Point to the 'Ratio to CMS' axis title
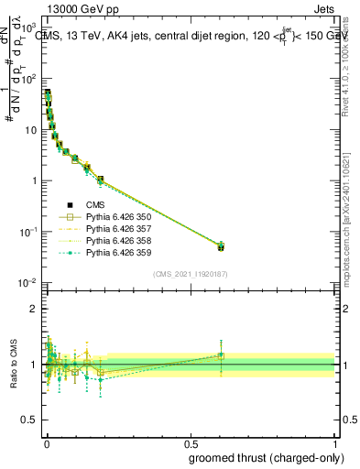[x=13, y=363]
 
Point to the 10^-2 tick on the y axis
[x=27, y=283]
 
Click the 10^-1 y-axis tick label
[x=27, y=232]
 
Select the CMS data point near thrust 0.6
[x=220, y=247]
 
